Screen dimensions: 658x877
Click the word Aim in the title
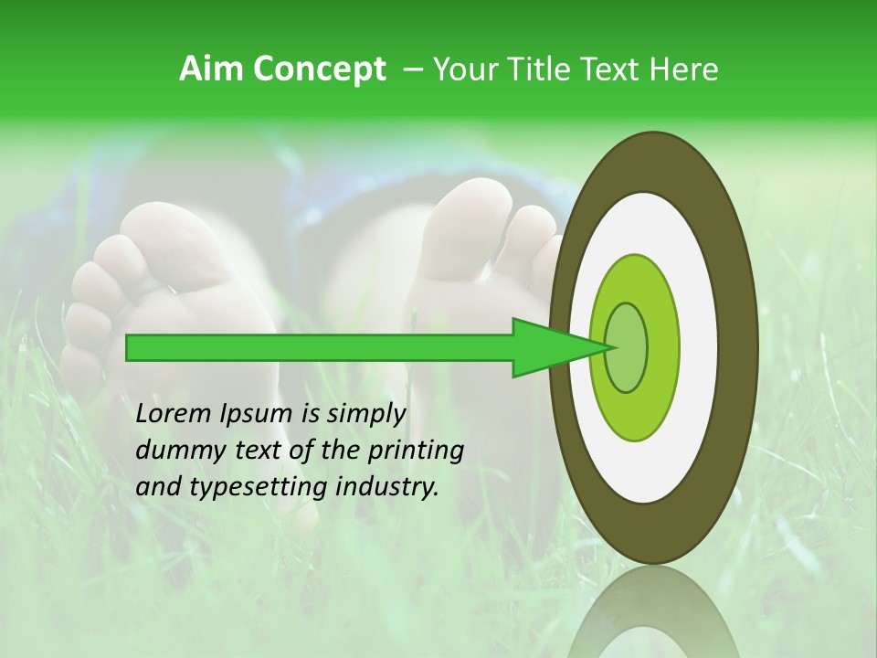click(x=212, y=69)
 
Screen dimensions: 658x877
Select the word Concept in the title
click(x=319, y=70)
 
